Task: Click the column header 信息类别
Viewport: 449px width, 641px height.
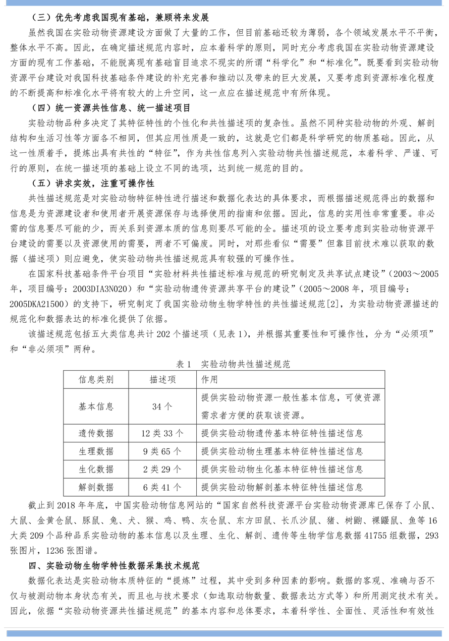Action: (x=96, y=379)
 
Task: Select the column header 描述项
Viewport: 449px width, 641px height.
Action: (x=162, y=379)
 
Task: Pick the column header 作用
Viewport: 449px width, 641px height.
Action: (x=209, y=379)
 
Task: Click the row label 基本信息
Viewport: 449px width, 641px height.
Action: (x=96, y=406)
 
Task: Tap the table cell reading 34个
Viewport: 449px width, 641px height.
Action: (x=162, y=406)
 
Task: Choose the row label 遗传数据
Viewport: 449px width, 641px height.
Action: (x=96, y=433)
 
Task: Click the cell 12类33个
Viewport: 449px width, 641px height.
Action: (x=162, y=433)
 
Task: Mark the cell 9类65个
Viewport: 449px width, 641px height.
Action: (x=162, y=451)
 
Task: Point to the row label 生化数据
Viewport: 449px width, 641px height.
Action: (x=96, y=469)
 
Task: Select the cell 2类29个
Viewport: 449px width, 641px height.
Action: (x=162, y=469)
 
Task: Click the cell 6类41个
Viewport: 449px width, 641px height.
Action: (x=162, y=487)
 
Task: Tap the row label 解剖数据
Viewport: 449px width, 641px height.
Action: (x=96, y=487)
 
